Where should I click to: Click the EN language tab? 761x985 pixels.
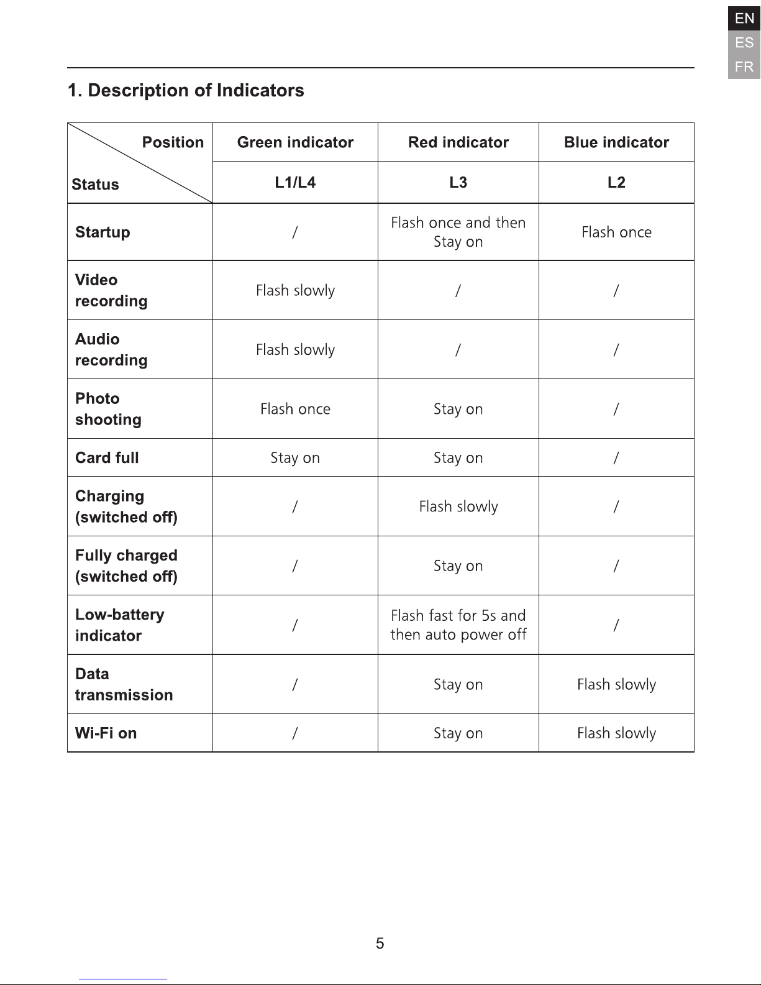(x=744, y=19)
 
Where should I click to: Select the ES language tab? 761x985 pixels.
(x=744, y=43)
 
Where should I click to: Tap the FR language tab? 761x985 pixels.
(x=744, y=66)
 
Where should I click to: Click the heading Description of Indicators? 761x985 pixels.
(x=186, y=91)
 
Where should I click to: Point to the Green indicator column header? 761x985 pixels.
(x=295, y=142)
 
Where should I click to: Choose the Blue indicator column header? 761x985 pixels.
(x=616, y=142)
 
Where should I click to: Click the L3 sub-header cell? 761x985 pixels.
(x=458, y=182)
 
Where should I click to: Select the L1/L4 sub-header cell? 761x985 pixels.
(x=295, y=182)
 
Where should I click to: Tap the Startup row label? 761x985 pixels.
(x=103, y=232)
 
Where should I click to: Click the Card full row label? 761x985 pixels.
(x=107, y=458)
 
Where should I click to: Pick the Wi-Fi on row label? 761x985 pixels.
(x=106, y=733)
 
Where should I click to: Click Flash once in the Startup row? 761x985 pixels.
(x=616, y=232)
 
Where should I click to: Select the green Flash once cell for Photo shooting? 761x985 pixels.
(x=295, y=409)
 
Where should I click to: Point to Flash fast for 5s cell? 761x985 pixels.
(x=458, y=625)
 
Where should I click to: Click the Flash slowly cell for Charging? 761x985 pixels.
(x=458, y=506)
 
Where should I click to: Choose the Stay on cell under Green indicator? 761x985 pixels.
(x=295, y=458)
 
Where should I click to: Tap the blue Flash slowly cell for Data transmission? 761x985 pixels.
(x=616, y=684)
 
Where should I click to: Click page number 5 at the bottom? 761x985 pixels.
(x=380, y=943)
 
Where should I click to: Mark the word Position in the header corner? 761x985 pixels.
(x=173, y=142)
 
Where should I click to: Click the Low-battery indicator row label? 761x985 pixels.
(x=119, y=625)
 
